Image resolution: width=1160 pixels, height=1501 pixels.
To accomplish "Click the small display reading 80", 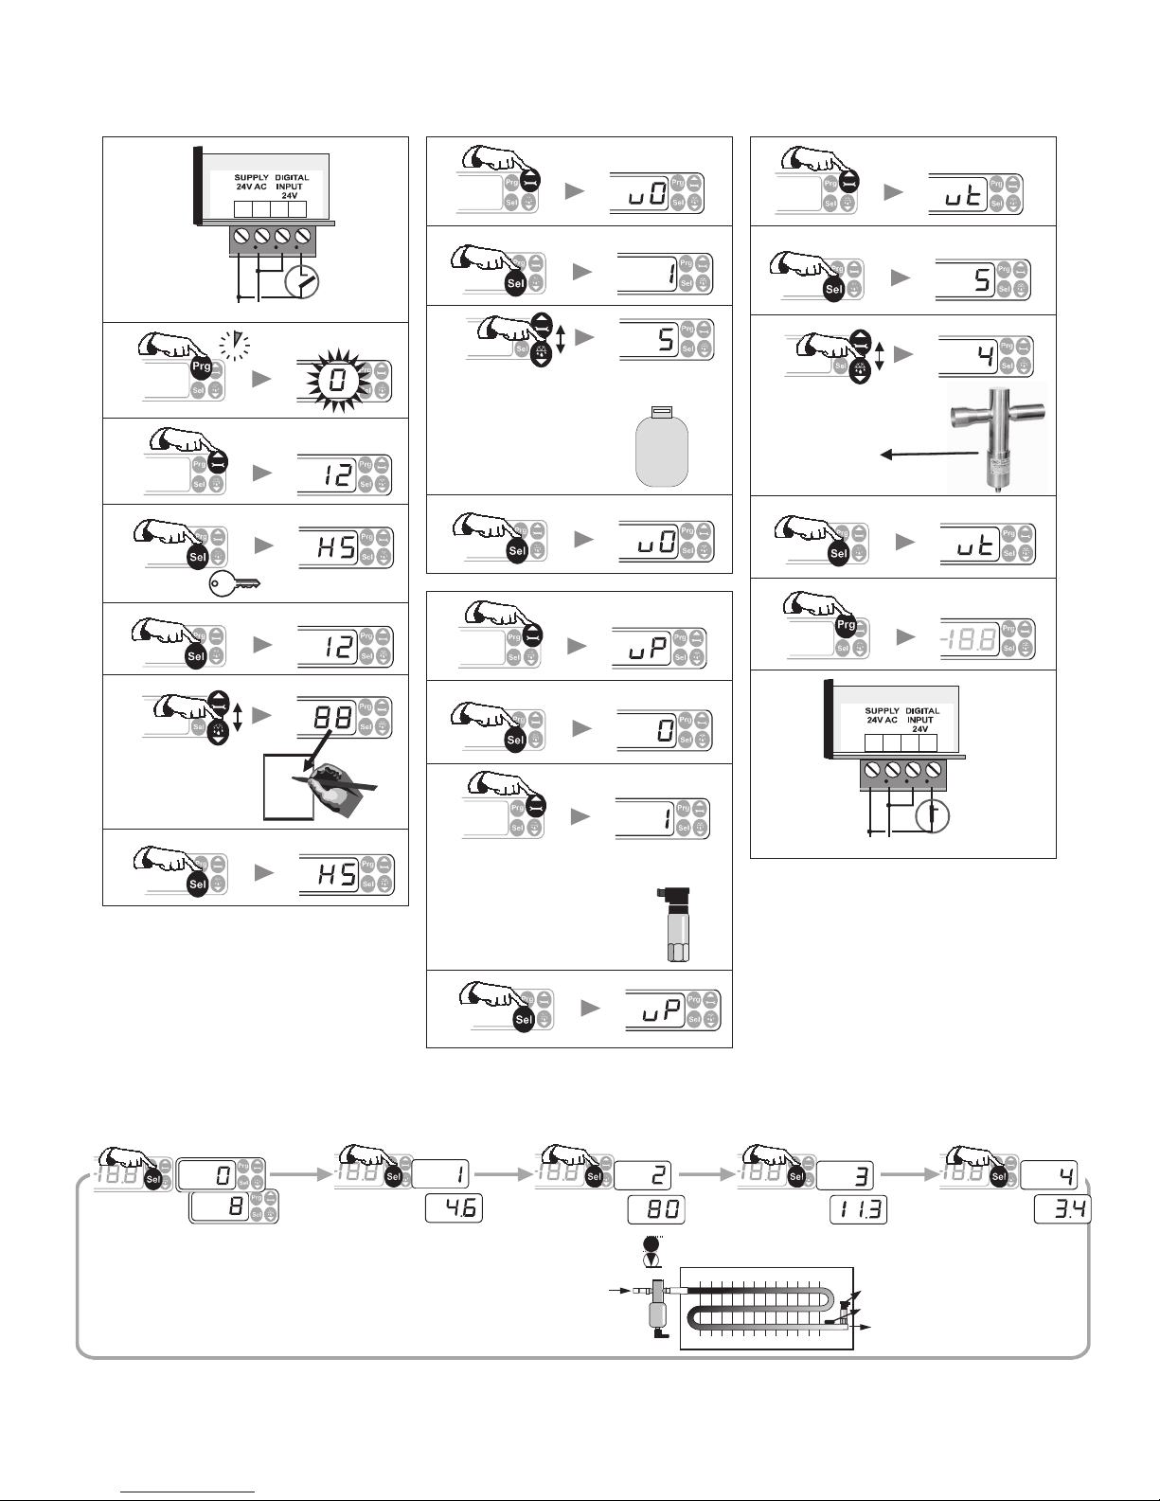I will click(x=655, y=1210).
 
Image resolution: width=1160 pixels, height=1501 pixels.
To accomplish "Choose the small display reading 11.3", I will click(x=859, y=1210).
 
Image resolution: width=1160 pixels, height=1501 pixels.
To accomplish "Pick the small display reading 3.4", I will click(x=1062, y=1209).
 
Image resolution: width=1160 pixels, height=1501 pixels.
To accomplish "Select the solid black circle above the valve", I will click(x=650, y=1244).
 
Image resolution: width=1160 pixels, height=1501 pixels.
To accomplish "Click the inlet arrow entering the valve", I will click(x=616, y=1290).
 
